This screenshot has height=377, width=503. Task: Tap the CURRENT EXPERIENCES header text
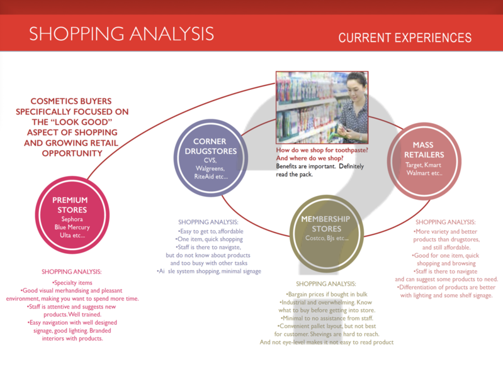coord(405,38)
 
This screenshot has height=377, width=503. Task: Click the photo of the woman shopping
coord(322,107)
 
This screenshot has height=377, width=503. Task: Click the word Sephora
coord(72,219)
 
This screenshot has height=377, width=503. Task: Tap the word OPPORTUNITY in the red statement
coord(72,153)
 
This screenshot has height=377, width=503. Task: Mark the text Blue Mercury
coord(72,227)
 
